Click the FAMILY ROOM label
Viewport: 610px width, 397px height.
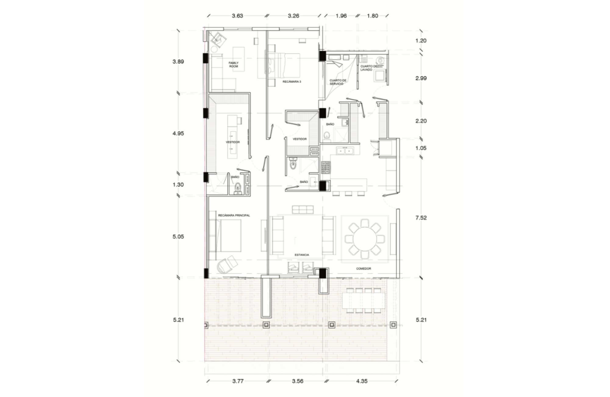tap(234, 64)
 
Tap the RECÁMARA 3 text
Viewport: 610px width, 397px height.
tap(292, 82)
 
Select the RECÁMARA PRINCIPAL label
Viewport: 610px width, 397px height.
tap(234, 215)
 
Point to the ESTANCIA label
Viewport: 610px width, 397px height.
tap(302, 255)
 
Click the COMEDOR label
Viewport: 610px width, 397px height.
tap(364, 269)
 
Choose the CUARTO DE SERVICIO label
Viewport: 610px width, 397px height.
tap(338, 82)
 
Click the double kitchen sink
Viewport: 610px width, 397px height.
tap(345, 150)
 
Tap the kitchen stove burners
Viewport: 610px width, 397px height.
tap(325, 168)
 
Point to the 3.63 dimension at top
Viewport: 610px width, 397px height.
tap(237, 16)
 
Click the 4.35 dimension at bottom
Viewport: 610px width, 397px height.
tap(361, 381)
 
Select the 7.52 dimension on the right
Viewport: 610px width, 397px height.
tap(421, 218)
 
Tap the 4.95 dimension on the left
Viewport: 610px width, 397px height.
tap(178, 133)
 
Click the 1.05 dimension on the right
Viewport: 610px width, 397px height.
tap(421, 148)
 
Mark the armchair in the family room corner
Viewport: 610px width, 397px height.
tap(219, 39)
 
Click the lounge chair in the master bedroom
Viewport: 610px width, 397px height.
tap(227, 264)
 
